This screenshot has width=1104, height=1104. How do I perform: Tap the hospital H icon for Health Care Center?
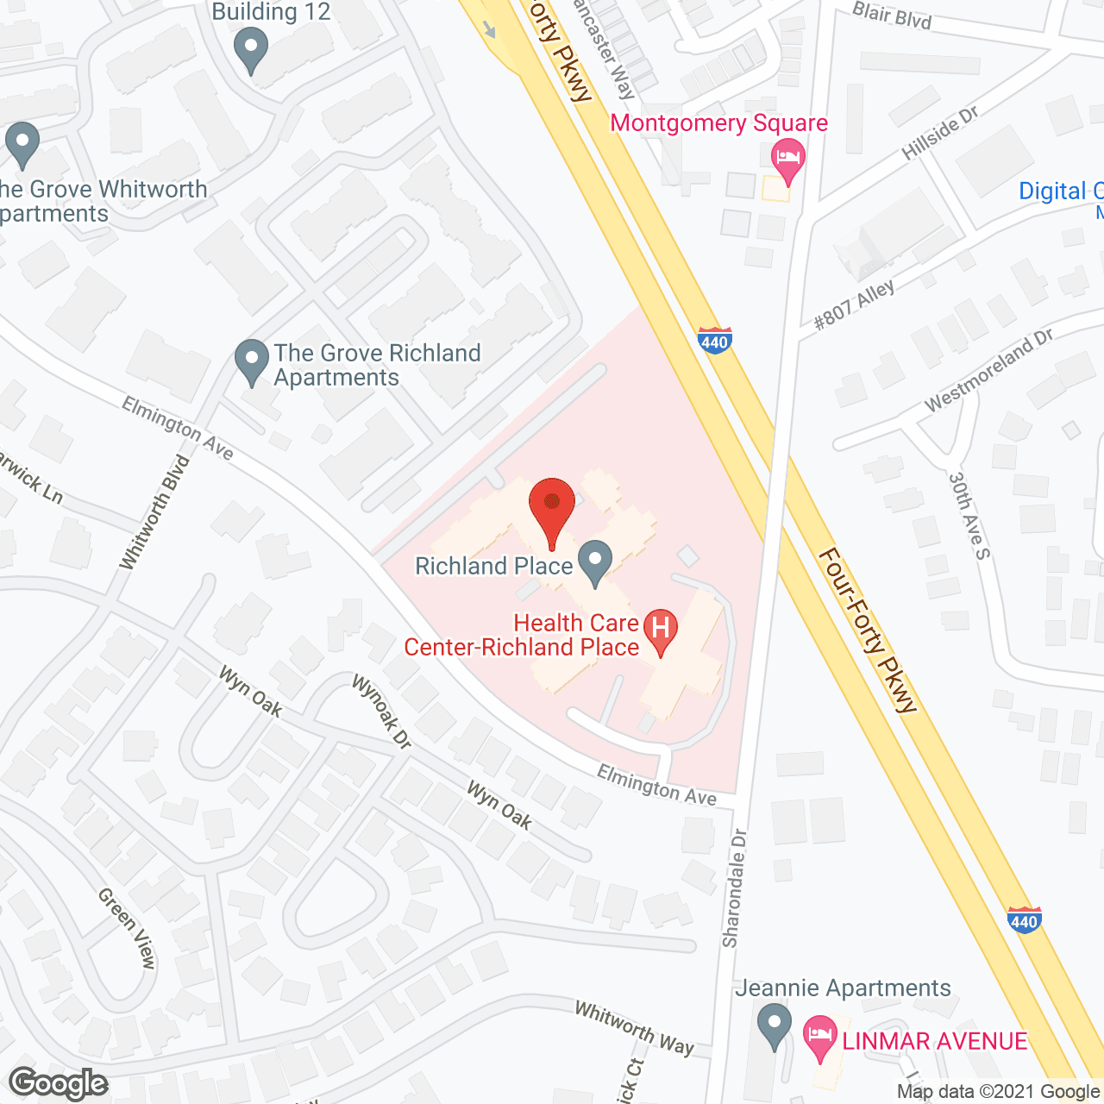point(661,628)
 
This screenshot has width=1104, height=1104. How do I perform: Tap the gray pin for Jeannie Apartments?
point(774,1026)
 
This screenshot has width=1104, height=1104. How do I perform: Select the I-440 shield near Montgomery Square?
point(714,340)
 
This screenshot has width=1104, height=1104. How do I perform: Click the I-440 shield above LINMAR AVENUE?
point(1024,920)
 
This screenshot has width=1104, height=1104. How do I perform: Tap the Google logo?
point(59,1083)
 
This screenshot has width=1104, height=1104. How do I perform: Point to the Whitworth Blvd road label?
point(155,512)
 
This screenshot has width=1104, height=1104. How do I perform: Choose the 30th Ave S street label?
point(969,515)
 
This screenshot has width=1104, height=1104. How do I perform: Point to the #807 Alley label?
point(855,304)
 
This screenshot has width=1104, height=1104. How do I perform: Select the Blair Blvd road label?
point(892,15)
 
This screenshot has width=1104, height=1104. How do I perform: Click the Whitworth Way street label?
point(634,1027)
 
